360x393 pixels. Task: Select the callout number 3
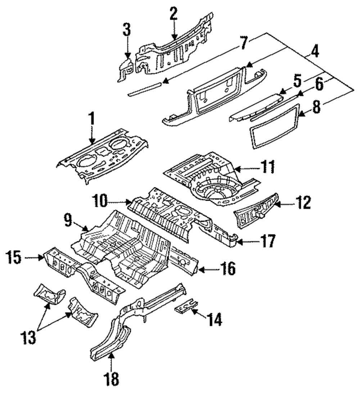[127, 29]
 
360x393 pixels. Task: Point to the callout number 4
[315, 52]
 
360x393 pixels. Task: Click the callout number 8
[316, 107]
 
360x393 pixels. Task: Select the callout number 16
[228, 269]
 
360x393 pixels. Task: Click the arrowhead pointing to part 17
[239, 242]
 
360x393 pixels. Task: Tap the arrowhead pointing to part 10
[130, 201]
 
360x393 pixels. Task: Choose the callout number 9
[68, 220]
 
